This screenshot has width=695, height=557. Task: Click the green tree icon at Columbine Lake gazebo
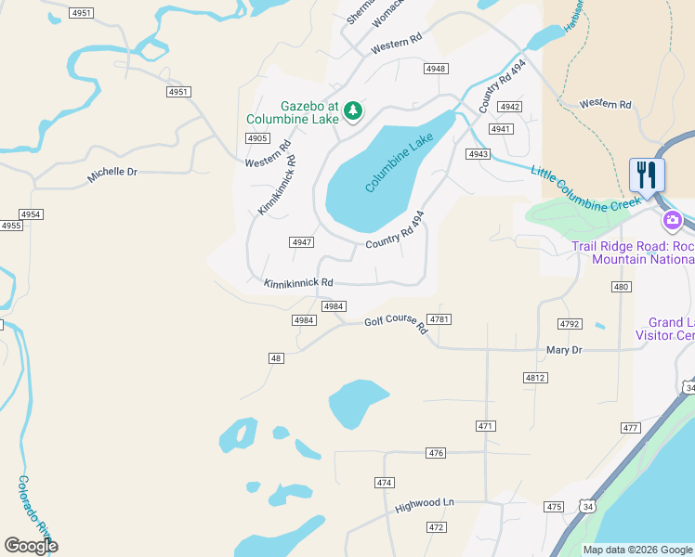[x=353, y=111]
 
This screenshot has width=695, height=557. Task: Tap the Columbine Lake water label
[x=399, y=162]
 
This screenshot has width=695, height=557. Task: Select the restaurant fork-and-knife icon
[x=647, y=175]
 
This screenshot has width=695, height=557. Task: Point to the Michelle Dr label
[x=111, y=173]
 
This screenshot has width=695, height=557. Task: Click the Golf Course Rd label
[x=395, y=324]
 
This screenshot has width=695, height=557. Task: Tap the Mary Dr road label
[x=564, y=350]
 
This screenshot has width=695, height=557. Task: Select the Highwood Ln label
[x=424, y=504]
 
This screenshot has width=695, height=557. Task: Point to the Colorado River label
[x=36, y=510]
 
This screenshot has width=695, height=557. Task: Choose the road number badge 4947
[x=301, y=241]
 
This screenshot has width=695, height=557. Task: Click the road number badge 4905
[x=257, y=138]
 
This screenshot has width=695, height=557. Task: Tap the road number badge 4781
[x=440, y=319]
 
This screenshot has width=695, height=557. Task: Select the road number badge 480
[x=621, y=288]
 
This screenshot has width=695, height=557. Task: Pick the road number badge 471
[x=485, y=426]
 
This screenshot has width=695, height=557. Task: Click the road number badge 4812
[x=535, y=378]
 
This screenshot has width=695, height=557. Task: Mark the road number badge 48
[x=276, y=358]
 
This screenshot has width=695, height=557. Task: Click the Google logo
[x=31, y=546]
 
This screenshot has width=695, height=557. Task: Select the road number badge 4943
[x=479, y=154]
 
